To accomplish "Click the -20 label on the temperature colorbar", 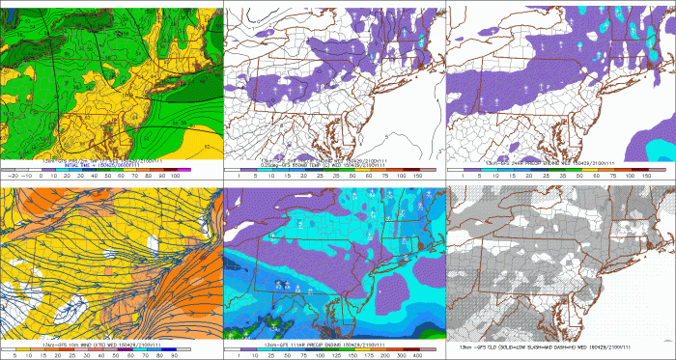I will click(x=12, y=178).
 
